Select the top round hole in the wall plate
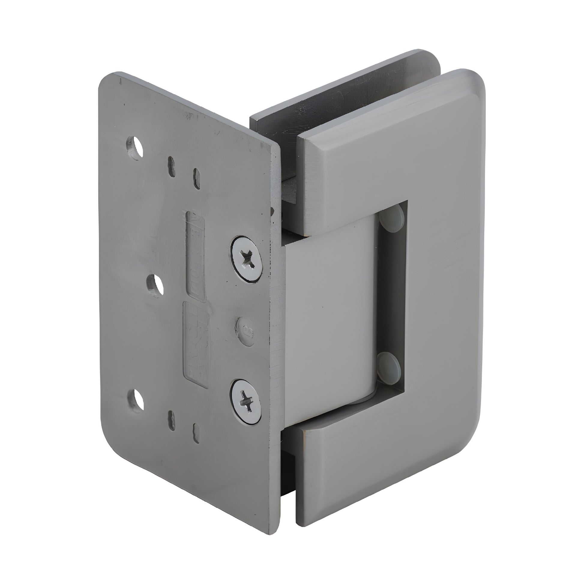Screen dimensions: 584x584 tap(135, 148)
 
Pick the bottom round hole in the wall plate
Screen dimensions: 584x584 tap(136, 401)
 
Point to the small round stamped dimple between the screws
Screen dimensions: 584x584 tap(245, 330)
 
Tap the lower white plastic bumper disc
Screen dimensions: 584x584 tap(390, 367)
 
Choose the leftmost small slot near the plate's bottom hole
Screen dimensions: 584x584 tap(171, 420)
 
